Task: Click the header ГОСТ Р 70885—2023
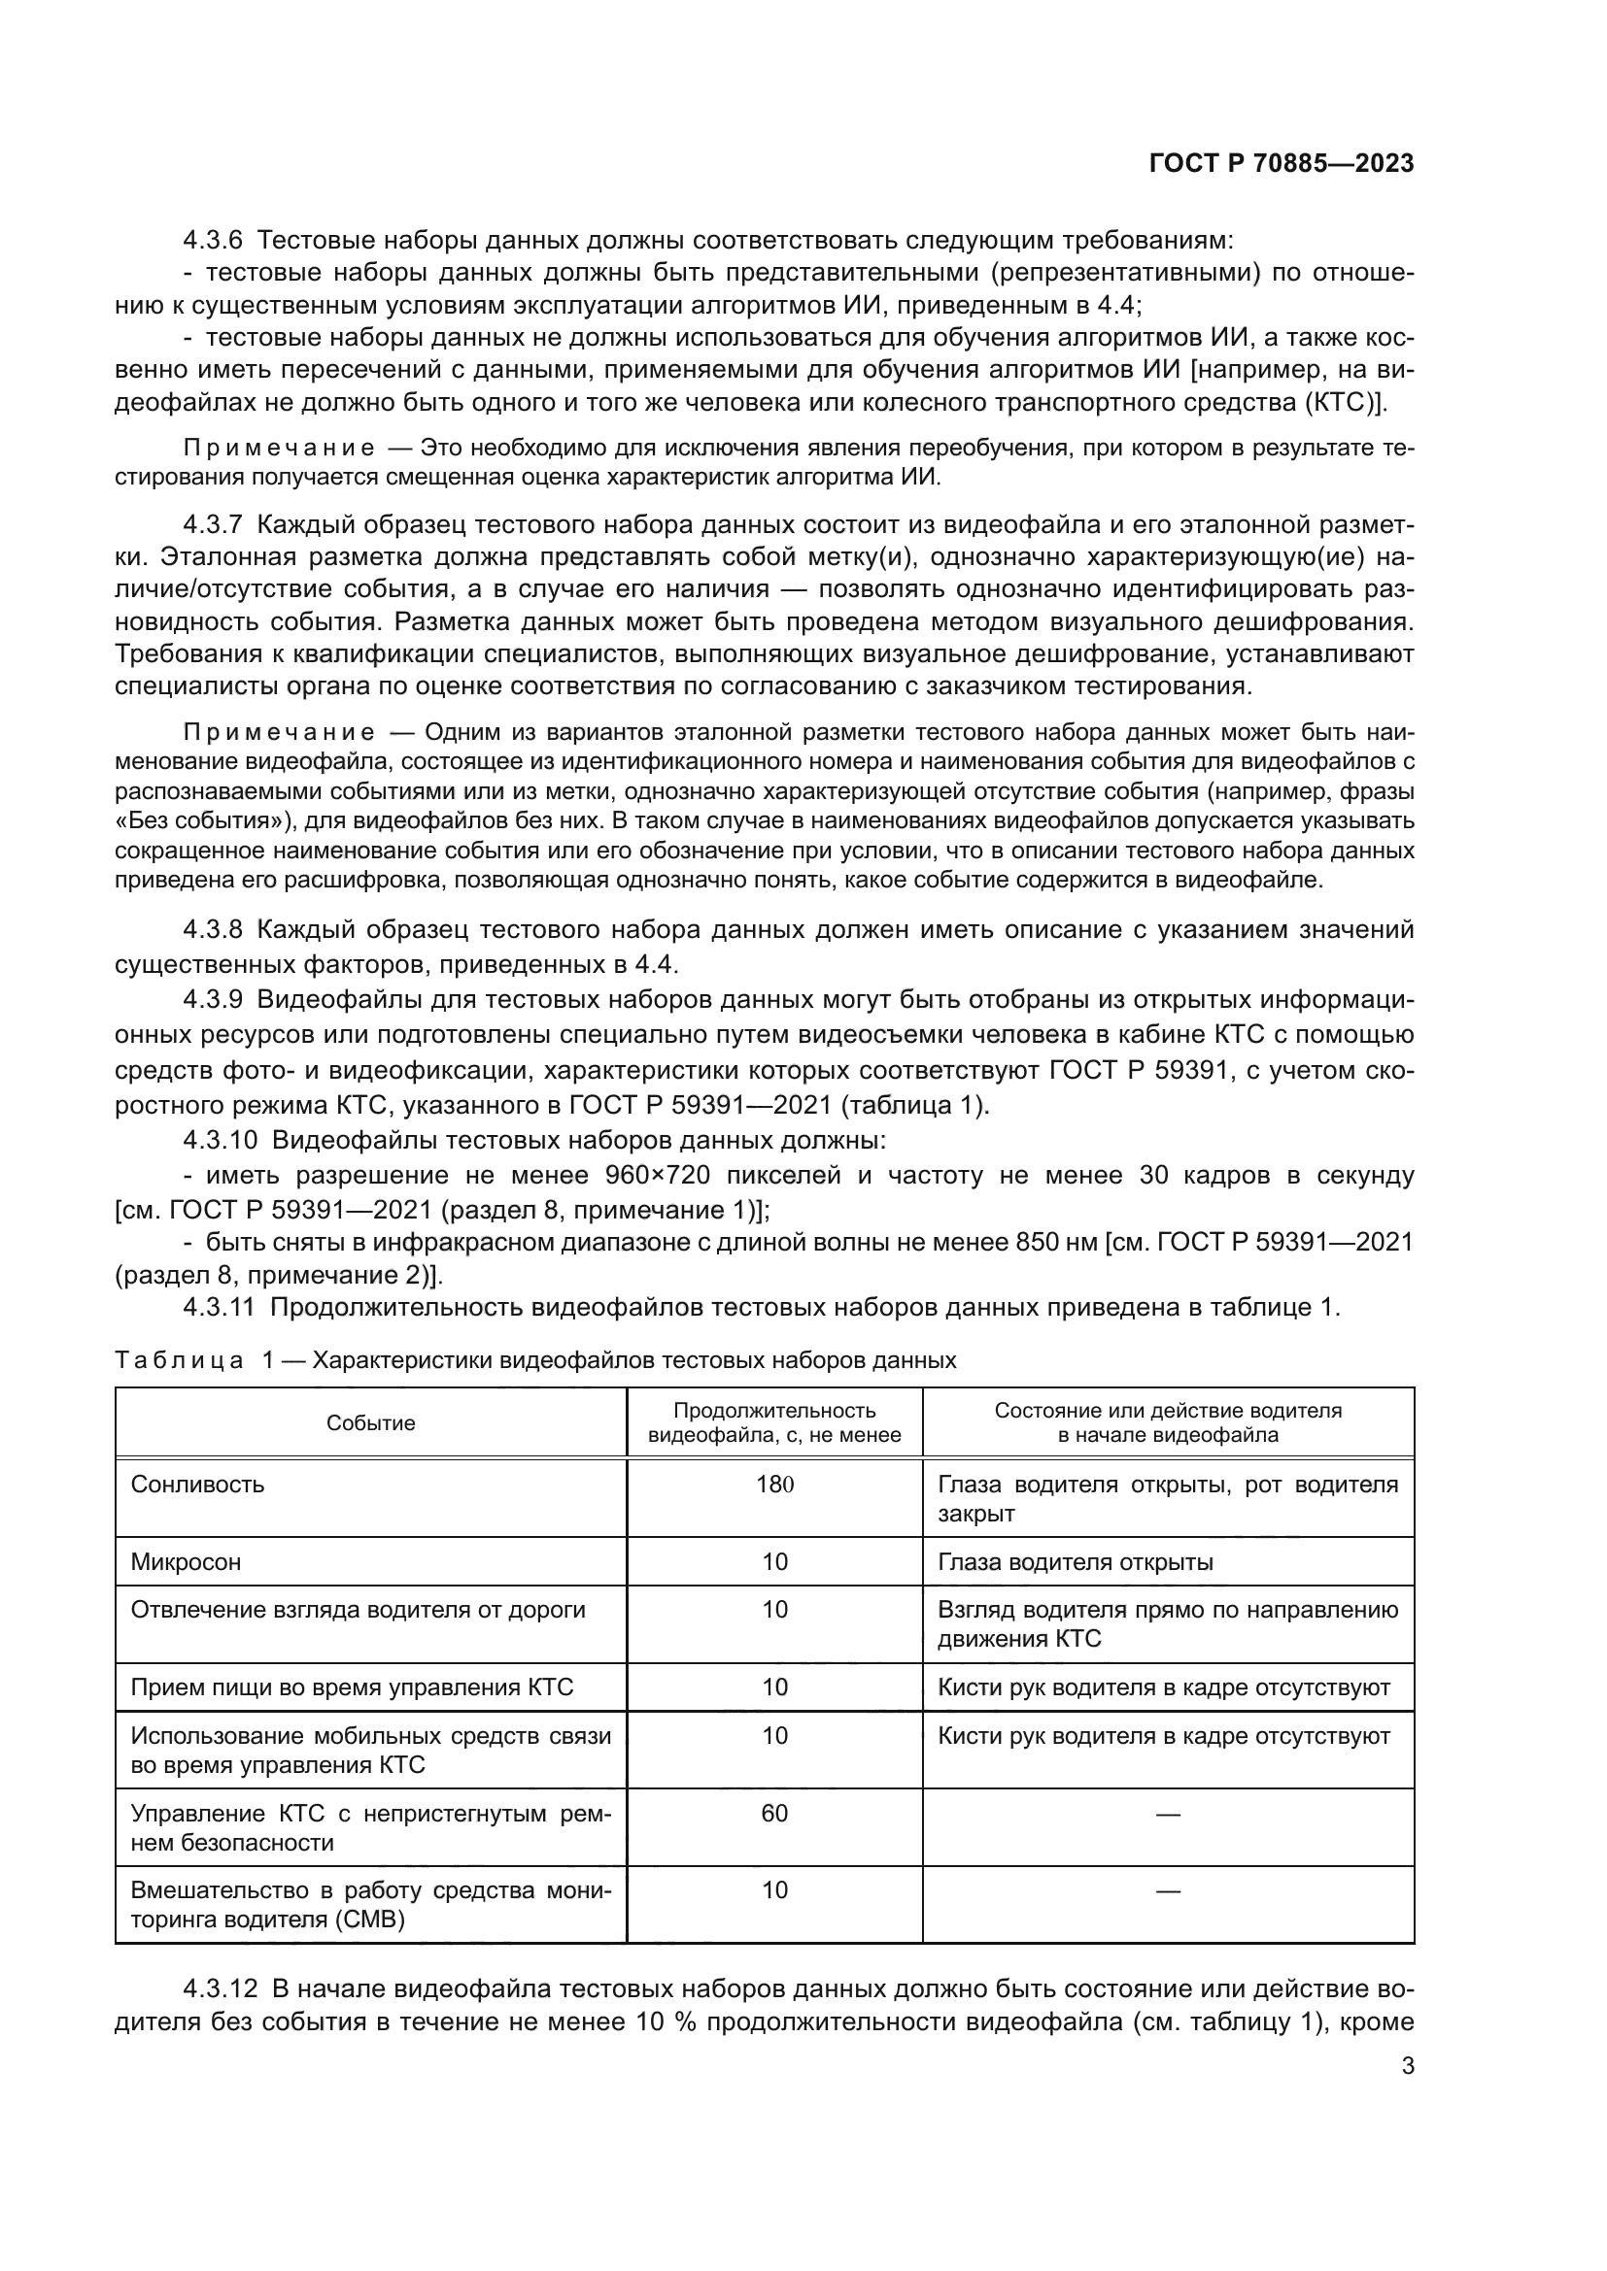tap(1281, 164)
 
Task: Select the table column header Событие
tap(371, 1423)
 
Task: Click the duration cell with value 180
tap(774, 1484)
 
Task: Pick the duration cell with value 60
tap(774, 1813)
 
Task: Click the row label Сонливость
tap(198, 1484)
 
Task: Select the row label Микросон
tap(186, 1562)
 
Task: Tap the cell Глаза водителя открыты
tap(1075, 1562)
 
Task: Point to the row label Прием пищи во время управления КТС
tap(353, 1687)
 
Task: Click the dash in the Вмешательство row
tap(1168, 1891)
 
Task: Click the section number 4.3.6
tap(213, 241)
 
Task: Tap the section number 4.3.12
tap(220, 1989)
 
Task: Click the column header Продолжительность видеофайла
tap(774, 1423)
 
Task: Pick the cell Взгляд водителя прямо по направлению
tap(1168, 1609)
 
